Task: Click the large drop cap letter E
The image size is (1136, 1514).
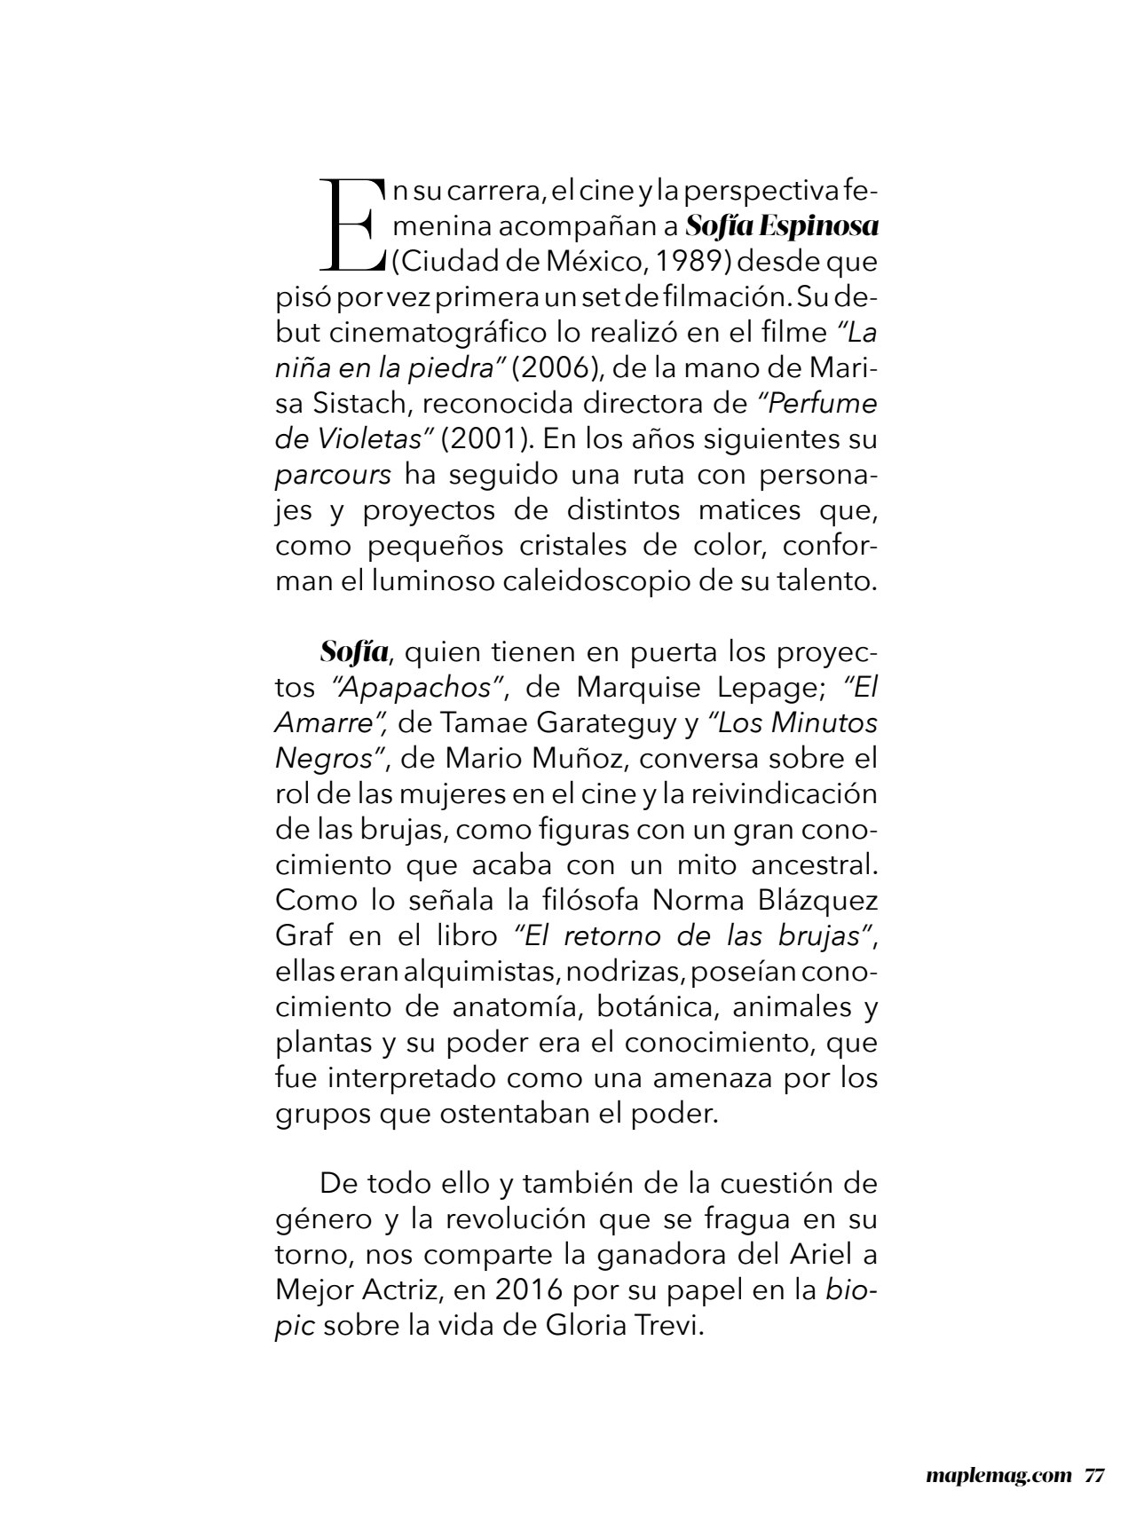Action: pos(351,225)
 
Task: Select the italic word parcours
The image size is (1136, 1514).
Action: pos(333,475)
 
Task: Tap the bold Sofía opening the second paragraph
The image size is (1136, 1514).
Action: pos(354,652)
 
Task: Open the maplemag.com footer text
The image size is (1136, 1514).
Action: pos(995,1475)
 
